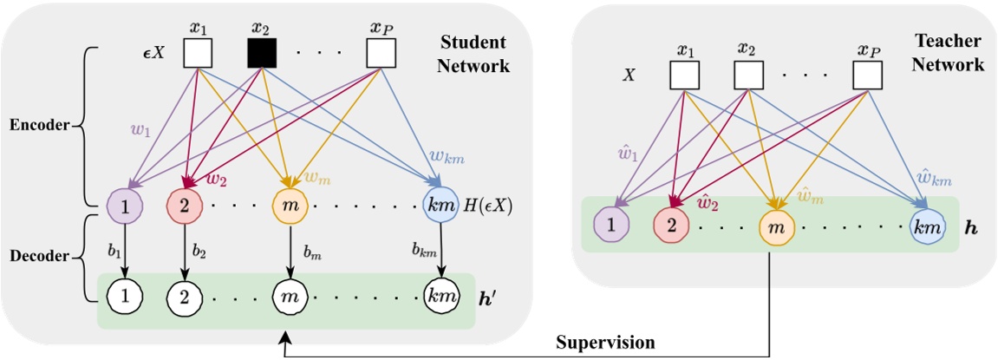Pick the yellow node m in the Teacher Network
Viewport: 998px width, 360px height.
773,227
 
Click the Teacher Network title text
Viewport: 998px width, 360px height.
949,53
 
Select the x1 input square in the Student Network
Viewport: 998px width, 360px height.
199,54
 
